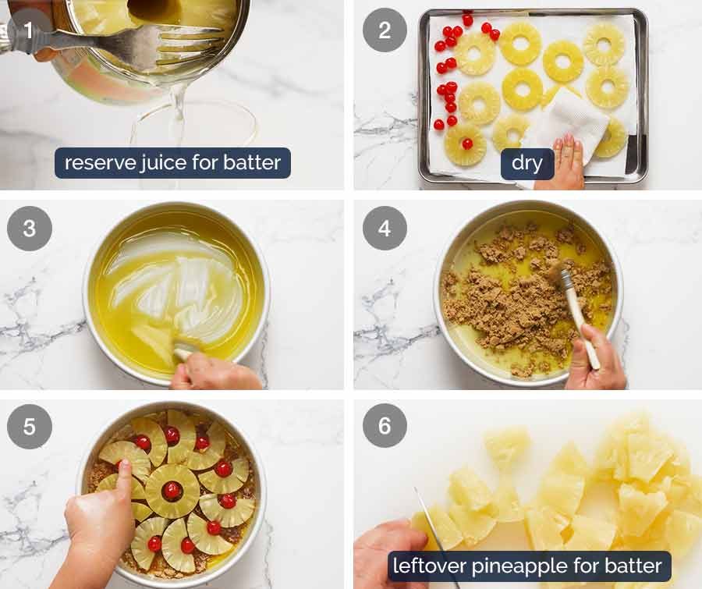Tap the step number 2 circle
pyautogui.click(x=385, y=30)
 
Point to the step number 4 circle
pyautogui.click(x=385, y=229)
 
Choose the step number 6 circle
pyautogui.click(x=385, y=426)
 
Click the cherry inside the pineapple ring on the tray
pyautogui.click(x=466, y=144)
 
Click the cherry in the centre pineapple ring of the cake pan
pyautogui.click(x=172, y=491)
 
